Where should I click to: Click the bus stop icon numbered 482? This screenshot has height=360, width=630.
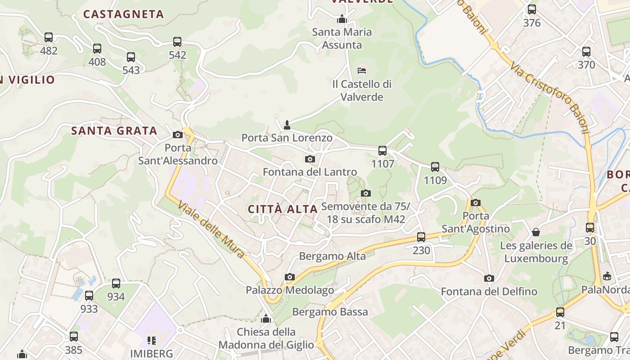point(49,37)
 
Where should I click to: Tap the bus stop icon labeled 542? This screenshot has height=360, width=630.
point(177,42)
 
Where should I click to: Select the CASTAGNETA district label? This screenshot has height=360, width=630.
point(124,14)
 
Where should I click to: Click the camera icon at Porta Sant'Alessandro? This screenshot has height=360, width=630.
point(178,135)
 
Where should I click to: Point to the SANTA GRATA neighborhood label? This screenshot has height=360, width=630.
point(114,131)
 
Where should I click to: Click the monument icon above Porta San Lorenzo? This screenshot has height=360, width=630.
point(287,125)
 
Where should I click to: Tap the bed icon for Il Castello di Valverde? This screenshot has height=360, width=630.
point(362,71)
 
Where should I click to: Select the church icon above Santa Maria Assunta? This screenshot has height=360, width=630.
point(342,19)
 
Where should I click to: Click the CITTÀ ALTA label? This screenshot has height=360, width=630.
point(283,209)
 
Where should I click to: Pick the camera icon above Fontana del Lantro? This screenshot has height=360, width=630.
point(310,159)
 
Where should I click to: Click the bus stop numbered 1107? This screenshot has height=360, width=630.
point(382,151)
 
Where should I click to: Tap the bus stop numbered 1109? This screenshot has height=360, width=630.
point(435,167)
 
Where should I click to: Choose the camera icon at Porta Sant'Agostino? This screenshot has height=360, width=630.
point(476,202)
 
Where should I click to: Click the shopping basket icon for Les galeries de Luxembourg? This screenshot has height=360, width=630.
point(536,232)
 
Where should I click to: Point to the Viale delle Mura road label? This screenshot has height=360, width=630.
point(211,229)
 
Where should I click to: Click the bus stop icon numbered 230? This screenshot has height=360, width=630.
point(421,237)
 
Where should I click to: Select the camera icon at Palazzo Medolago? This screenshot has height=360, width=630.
point(290,277)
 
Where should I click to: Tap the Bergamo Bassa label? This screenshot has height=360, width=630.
point(330,312)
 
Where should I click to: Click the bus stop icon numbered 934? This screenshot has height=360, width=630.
point(116,283)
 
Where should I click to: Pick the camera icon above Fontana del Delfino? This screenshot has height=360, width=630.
point(489,278)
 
